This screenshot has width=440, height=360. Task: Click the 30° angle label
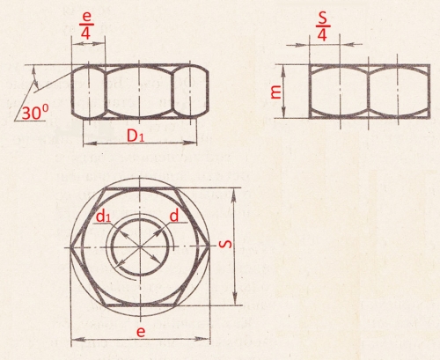[35, 113]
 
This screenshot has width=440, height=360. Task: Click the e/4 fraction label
[86, 26]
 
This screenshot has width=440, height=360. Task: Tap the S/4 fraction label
[323, 26]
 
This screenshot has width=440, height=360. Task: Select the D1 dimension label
[136, 136]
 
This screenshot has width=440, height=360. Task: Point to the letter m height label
[276, 92]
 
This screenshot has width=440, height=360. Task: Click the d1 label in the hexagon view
[104, 217]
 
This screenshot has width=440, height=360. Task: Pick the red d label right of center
[174, 216]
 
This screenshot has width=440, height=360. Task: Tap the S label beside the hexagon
[225, 244]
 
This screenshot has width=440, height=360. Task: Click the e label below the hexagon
[141, 332]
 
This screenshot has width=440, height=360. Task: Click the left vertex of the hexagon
[70, 247]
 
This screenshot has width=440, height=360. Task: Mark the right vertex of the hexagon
[210, 246]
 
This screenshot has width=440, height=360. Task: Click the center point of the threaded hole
[140, 246]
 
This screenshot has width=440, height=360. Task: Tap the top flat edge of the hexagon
[140, 188]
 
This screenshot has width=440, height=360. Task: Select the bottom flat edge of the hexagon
[140, 305]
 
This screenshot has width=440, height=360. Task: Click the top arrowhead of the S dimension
[234, 195]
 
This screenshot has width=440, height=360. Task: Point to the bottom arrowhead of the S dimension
[235, 298]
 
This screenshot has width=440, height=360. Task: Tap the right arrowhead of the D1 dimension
[190, 143]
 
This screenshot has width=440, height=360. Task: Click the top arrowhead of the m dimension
[283, 71]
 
